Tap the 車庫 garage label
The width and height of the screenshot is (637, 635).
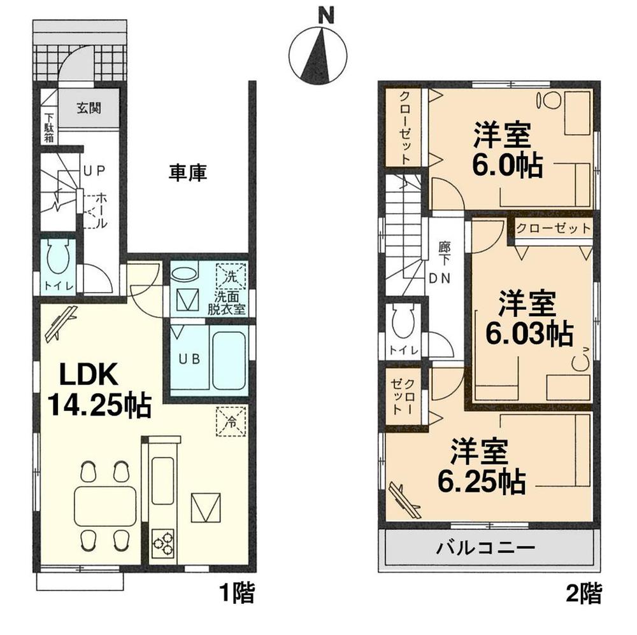tap(187, 172)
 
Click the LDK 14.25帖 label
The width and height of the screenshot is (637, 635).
tap(96, 389)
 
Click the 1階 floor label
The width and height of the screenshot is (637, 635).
tap(237, 595)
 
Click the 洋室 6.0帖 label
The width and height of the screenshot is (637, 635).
tap(506, 151)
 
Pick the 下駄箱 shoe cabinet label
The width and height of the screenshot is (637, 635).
tap(48, 127)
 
